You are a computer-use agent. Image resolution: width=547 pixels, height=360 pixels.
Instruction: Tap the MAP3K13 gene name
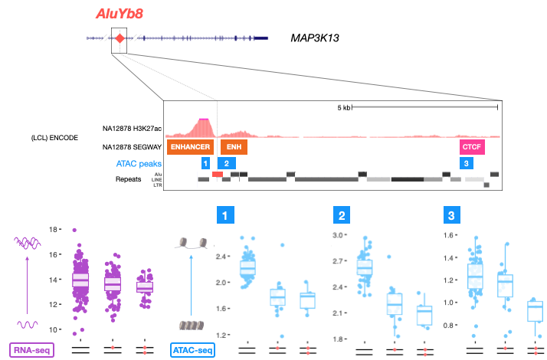pos(316,38)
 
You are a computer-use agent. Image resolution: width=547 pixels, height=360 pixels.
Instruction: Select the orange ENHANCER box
pos(191,146)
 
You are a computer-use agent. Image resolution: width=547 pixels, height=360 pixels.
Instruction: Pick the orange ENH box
pos(234,146)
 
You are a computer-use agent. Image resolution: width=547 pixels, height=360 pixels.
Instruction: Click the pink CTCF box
pos(472,146)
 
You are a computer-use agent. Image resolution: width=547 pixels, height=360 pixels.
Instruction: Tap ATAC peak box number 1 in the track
pos(205,163)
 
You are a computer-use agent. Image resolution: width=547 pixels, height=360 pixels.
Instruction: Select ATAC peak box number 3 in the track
pos(464,163)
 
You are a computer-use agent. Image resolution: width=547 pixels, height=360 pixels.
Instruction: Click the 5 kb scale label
pos(342,108)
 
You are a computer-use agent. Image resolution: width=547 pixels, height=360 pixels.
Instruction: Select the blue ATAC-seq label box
pos(192,351)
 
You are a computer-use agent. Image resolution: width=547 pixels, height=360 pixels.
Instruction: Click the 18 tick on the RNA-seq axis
pos(52,229)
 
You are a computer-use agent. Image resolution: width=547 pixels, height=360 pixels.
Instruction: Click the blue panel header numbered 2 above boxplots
pos(342,217)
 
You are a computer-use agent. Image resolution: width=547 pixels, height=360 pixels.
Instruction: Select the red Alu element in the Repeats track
pos(218,175)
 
